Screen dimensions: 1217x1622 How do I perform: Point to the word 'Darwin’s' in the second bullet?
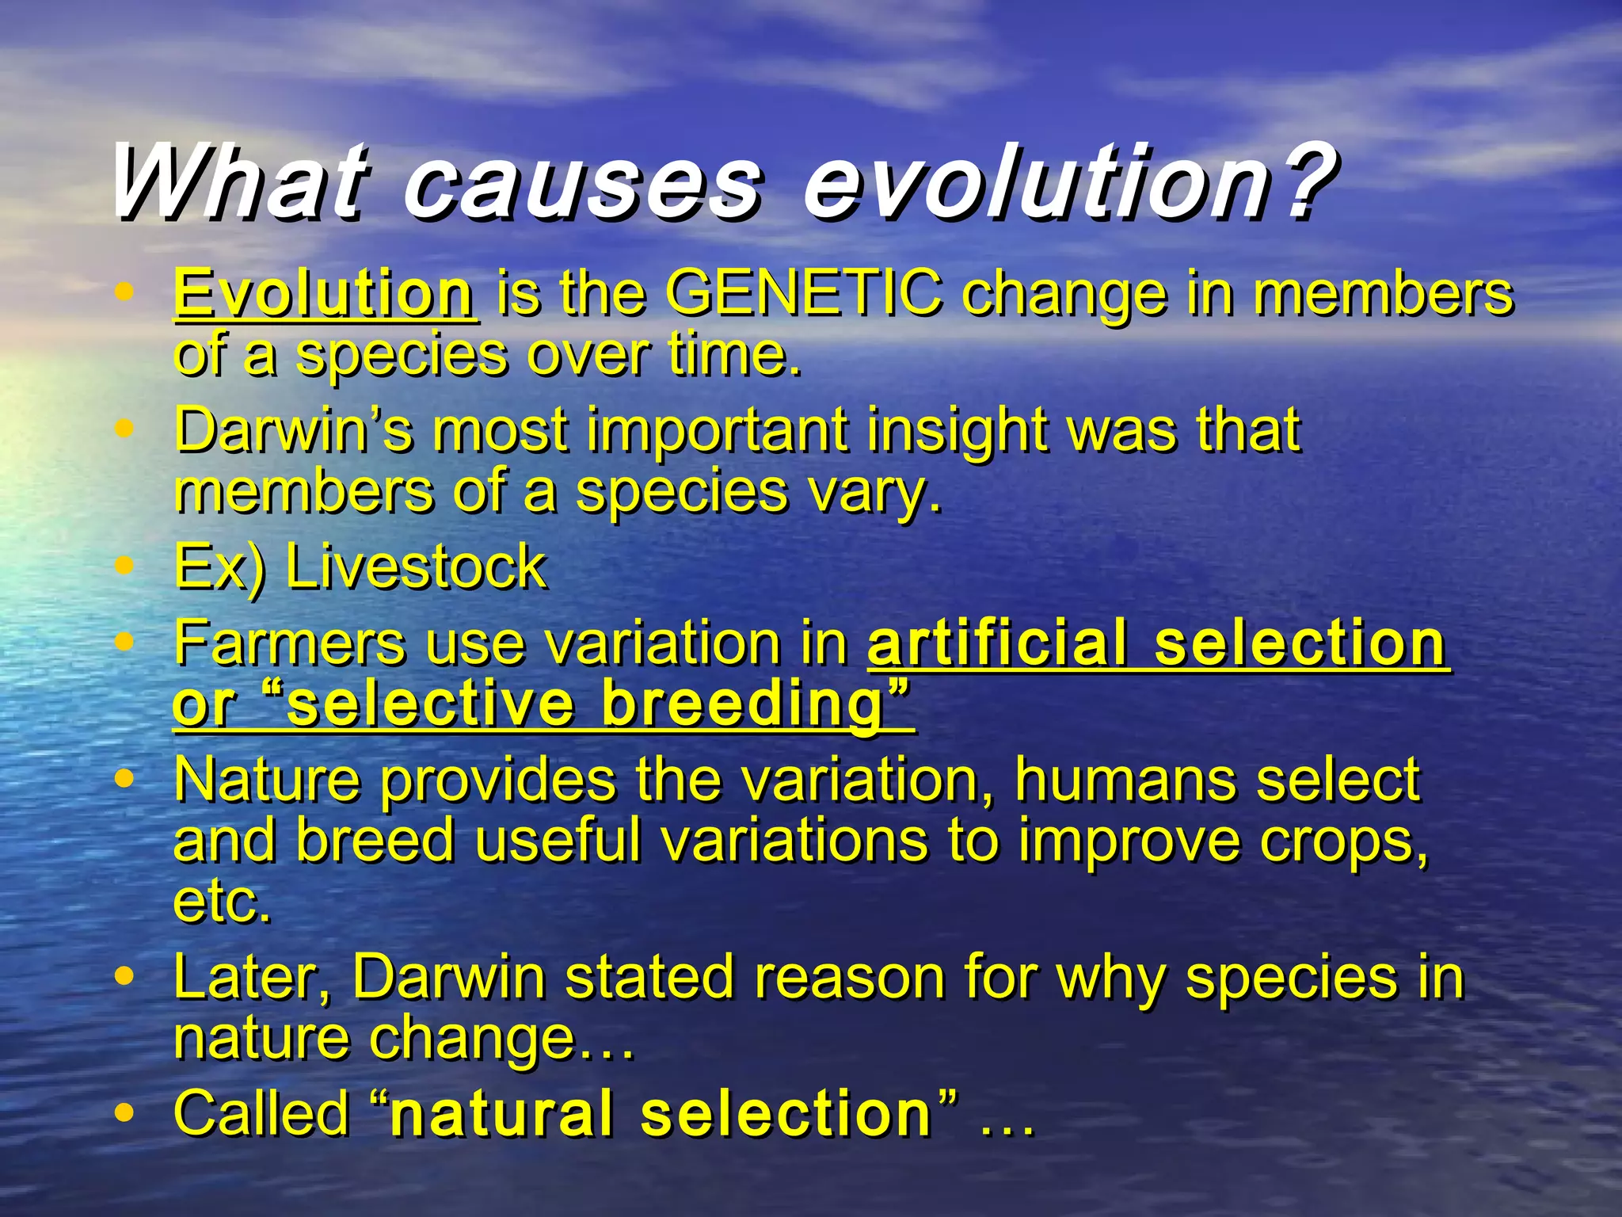point(293,430)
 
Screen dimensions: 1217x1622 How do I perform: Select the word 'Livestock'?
point(415,567)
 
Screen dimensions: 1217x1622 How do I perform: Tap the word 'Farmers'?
point(290,643)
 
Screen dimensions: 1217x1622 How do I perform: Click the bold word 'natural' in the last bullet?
point(502,1113)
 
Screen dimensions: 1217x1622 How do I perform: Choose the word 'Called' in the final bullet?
point(261,1113)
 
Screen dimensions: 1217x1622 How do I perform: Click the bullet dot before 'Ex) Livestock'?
point(124,566)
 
